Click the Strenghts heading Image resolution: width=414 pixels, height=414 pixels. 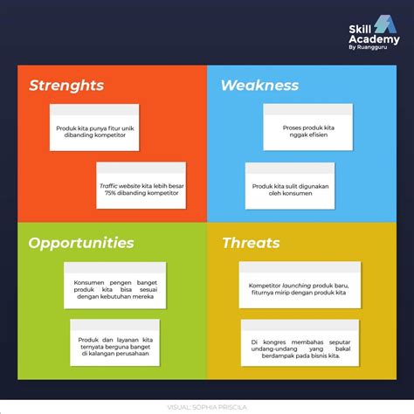[x=66, y=86]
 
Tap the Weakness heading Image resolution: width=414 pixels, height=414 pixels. [x=259, y=86]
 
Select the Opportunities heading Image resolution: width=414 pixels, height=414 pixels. [x=81, y=243]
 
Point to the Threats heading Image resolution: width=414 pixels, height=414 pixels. [x=251, y=243]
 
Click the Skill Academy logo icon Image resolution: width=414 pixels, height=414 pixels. [x=384, y=27]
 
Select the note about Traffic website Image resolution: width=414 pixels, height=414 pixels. [x=140, y=187]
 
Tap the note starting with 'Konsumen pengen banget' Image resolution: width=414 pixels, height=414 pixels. [x=114, y=284]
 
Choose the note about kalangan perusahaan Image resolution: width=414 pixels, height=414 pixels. [x=114, y=342]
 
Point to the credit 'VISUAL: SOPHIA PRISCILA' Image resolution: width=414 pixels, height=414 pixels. [x=206, y=406]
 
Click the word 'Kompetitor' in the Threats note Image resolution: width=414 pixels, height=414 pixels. [x=266, y=285]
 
